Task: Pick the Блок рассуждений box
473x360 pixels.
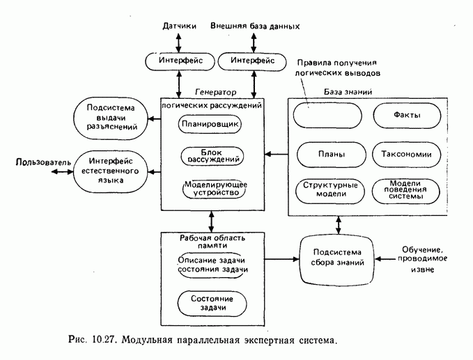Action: [x=211, y=156]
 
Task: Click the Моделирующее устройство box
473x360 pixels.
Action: [x=212, y=188]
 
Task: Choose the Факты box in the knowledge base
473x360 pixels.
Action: [x=407, y=115]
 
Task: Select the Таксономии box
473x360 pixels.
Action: [x=407, y=155]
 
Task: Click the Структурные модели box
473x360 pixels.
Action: [x=327, y=190]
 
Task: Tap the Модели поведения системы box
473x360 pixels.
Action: [x=407, y=190]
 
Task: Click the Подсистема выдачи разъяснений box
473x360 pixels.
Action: [x=111, y=118]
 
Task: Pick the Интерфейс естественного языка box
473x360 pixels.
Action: [x=111, y=170]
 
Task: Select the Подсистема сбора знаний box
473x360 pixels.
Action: [x=336, y=259]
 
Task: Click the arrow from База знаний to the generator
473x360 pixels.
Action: [x=275, y=154]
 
